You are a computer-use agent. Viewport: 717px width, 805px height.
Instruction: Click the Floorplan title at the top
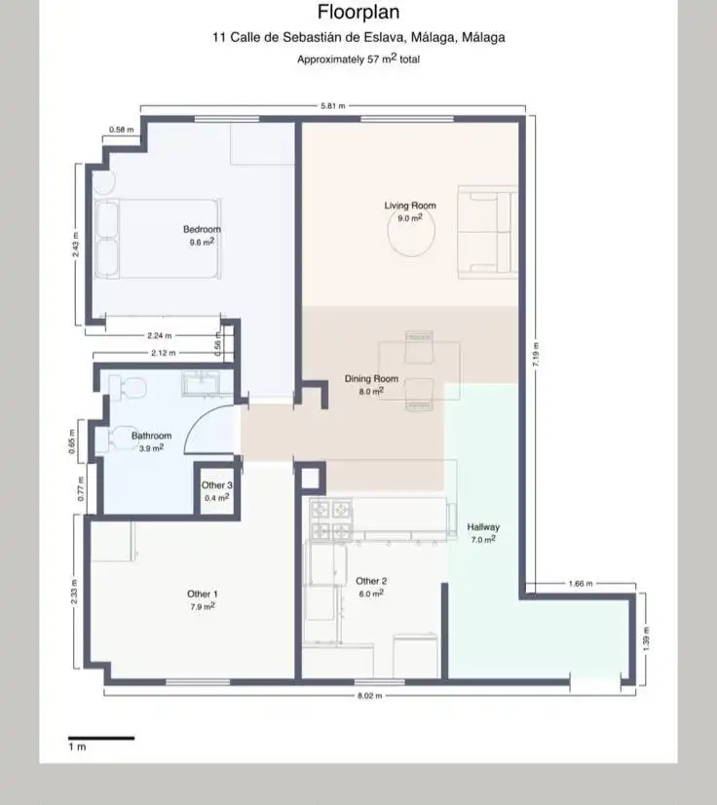point(358,12)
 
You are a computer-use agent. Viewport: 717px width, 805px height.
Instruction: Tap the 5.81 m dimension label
point(332,106)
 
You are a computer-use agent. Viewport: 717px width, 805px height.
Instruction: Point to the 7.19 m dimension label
point(535,354)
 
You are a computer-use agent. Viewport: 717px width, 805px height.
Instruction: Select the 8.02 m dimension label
point(369,696)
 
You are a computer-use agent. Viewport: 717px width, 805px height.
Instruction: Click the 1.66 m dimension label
point(581,583)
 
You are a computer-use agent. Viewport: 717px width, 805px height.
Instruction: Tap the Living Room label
point(410,206)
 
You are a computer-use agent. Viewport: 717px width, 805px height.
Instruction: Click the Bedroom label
point(202,229)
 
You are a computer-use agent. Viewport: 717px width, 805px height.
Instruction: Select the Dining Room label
point(371,378)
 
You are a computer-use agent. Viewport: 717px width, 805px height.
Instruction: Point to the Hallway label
point(483,526)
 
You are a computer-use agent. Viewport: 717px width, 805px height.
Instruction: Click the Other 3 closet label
point(216,485)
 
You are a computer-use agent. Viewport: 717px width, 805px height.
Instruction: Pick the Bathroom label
point(151,436)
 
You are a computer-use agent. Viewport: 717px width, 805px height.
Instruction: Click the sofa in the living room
point(488,232)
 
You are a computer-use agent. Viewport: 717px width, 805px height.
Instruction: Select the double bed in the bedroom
point(158,239)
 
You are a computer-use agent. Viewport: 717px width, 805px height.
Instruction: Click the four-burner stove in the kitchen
point(331,520)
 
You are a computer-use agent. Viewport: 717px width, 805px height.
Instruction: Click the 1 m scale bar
point(101,739)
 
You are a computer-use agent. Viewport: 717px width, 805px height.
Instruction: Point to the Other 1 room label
point(203,594)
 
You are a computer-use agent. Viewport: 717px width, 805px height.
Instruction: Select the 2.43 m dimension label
point(75,245)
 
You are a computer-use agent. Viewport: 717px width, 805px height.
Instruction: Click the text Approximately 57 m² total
point(358,58)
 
